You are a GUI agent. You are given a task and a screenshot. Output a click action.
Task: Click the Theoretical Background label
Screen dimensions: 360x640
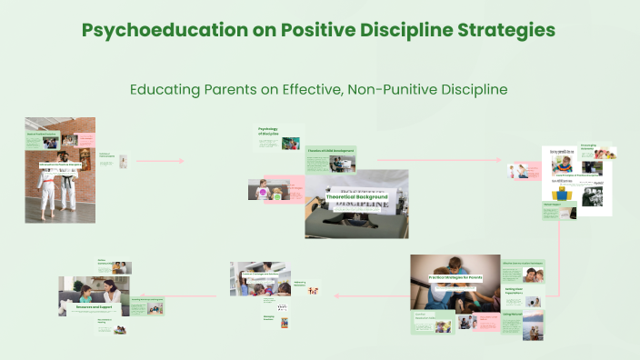click(356, 196)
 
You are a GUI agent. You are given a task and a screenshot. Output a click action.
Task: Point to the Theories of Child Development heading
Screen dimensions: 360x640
click(330, 151)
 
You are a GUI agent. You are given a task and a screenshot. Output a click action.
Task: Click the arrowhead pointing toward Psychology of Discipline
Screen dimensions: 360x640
click(181, 161)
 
